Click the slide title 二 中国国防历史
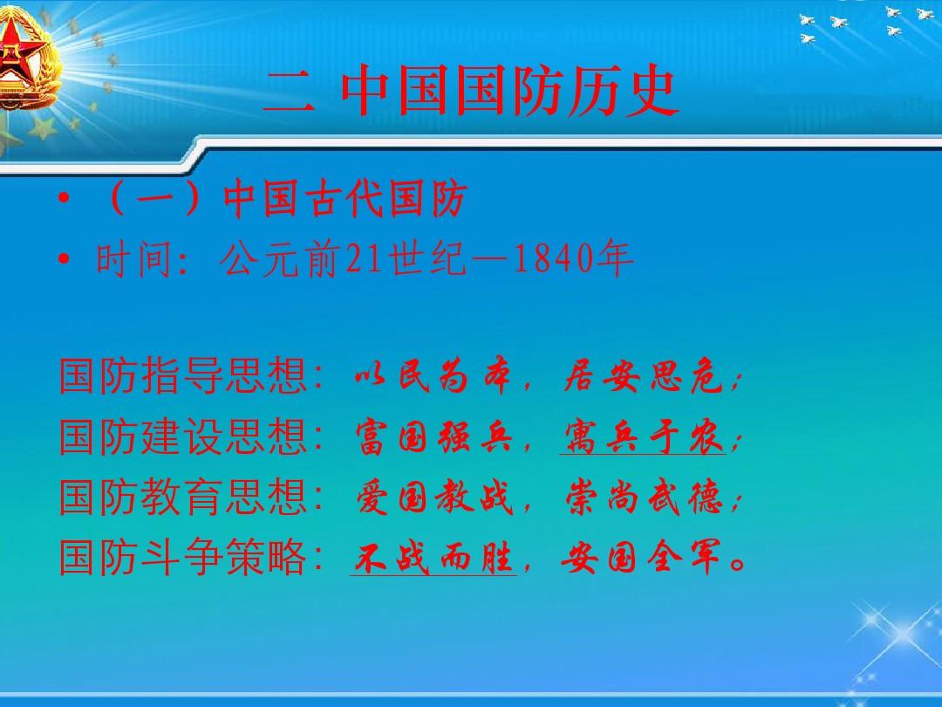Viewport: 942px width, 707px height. [471, 93]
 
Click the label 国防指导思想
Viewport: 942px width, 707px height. [183, 378]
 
